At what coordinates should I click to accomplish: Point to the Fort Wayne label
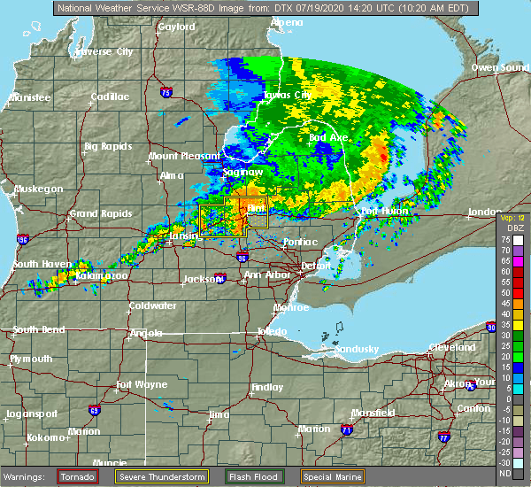point(143,384)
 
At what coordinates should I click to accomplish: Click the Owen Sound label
point(499,67)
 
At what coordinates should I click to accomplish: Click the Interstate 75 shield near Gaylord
point(165,91)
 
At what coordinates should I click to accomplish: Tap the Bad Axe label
point(327,137)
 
